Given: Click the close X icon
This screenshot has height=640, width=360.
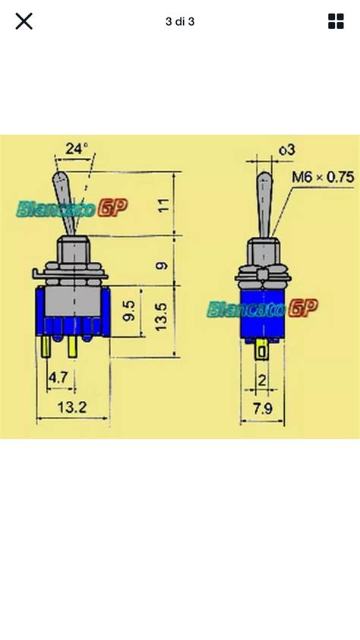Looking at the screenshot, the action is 24,20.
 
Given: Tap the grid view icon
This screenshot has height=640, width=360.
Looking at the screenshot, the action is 336,20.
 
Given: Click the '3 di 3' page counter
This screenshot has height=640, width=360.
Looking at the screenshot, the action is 180,21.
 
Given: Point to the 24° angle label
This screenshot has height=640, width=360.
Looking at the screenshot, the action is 77,149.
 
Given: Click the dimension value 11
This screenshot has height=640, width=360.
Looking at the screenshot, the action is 163,204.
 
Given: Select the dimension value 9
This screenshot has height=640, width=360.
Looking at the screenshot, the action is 163,266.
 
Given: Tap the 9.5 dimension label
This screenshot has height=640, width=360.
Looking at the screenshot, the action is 129,311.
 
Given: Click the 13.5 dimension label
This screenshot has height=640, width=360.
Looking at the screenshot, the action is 161,317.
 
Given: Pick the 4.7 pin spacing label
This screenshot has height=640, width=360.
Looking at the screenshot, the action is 58,377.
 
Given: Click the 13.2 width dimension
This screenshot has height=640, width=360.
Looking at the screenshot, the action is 72,407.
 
